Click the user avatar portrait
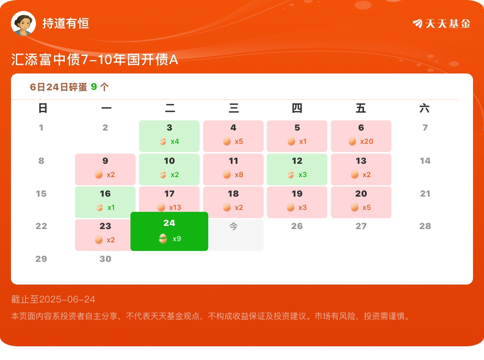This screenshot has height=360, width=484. (23, 23)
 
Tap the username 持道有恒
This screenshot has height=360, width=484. (66, 23)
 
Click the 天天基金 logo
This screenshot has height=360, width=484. (442, 23)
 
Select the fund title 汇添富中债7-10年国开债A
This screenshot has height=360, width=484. (95, 59)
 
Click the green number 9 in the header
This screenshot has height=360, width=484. (94, 87)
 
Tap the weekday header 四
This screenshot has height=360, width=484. (297, 108)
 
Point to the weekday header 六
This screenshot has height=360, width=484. (425, 108)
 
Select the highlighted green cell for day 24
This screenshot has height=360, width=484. (169, 231)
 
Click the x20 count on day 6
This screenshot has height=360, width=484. (366, 141)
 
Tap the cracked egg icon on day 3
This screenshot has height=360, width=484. (163, 141)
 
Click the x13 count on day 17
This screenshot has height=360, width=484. (175, 207)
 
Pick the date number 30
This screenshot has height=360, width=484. (105, 259)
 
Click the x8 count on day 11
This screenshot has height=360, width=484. (239, 175)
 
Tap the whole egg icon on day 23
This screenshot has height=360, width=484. (99, 240)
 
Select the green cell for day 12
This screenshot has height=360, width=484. (297, 169)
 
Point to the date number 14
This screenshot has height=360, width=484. (425, 161)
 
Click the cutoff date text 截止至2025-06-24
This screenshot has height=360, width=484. (53, 299)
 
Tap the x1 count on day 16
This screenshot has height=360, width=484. (111, 207)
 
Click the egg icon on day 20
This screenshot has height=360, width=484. (355, 207)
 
